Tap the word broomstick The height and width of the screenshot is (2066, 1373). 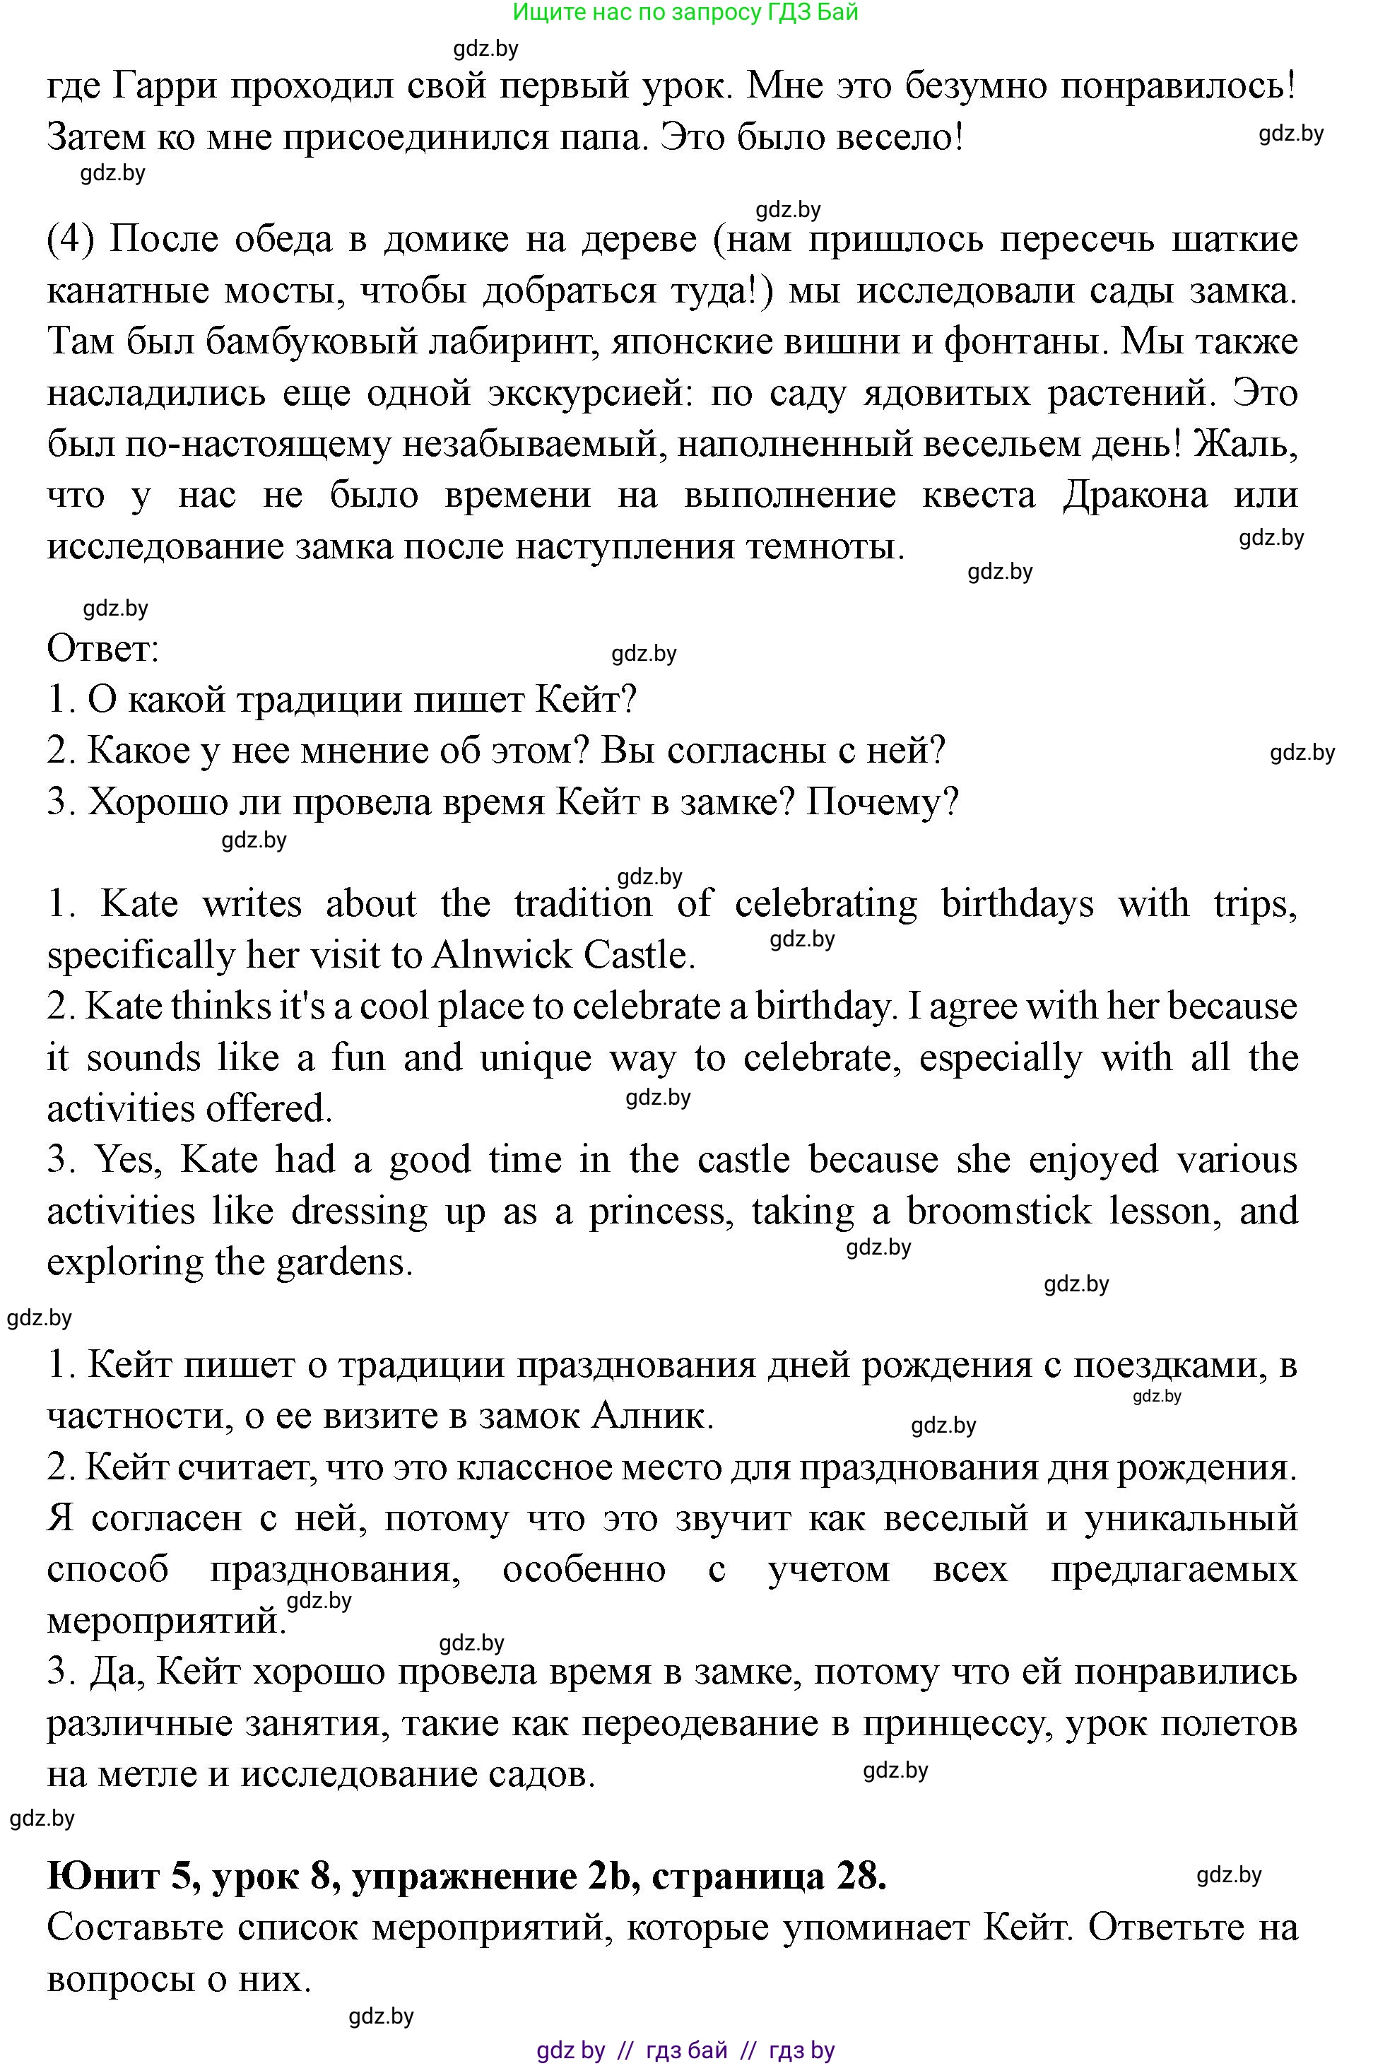(998, 1211)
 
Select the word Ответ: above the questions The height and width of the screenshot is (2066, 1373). (102, 649)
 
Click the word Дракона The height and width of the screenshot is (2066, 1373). (1135, 495)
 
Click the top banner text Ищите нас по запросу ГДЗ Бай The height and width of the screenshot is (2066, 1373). (685, 12)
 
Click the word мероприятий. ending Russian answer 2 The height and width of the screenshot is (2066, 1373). (166, 1621)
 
